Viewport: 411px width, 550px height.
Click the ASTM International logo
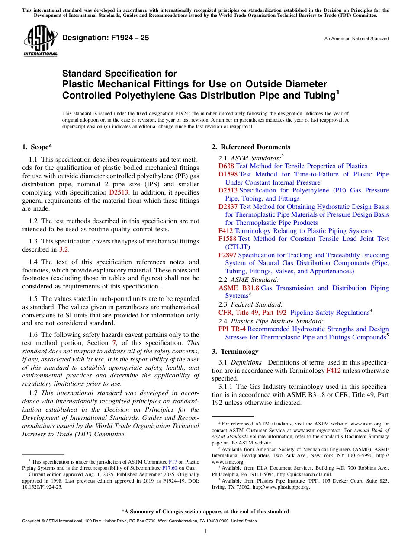pyautogui.click(x=40, y=41)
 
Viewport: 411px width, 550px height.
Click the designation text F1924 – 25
pyautogui.click(x=106, y=38)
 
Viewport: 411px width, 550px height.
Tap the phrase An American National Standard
pyautogui.click(x=356, y=39)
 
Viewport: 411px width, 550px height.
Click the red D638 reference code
pyautogui.click(x=226, y=166)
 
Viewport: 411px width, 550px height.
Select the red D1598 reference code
pyautogui.click(x=228, y=174)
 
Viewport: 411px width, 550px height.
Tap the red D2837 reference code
pyautogui.click(x=228, y=207)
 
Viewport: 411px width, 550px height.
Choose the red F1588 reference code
pyautogui.click(x=227, y=239)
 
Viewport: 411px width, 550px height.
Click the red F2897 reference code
pyautogui.click(x=227, y=255)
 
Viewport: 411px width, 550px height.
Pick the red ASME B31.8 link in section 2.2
pyautogui.click(x=238, y=288)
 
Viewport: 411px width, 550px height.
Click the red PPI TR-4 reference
pyautogui.click(x=232, y=329)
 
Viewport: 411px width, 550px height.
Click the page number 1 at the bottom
pyautogui.click(x=205, y=531)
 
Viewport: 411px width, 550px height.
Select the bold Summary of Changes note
pyautogui.click(x=205, y=512)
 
